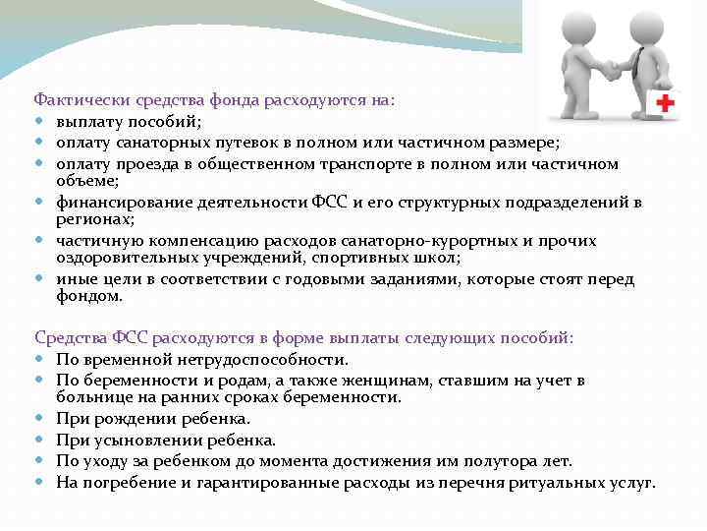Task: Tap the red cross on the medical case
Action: pos(665,101)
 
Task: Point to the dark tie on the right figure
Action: pos(639,65)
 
